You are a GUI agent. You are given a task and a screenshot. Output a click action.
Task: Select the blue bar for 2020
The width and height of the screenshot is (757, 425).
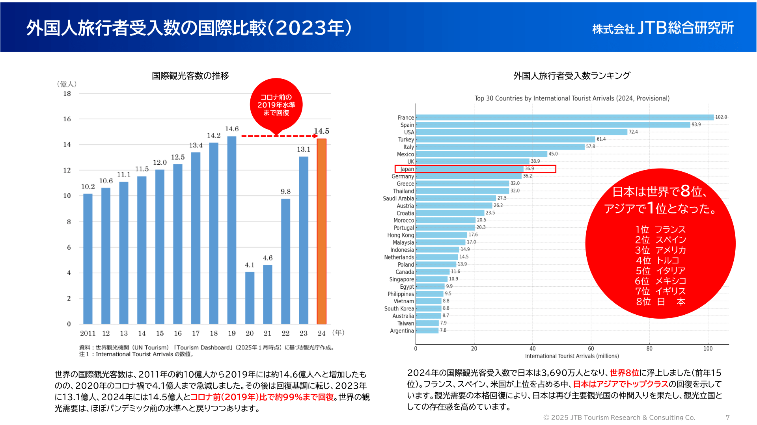[250, 298]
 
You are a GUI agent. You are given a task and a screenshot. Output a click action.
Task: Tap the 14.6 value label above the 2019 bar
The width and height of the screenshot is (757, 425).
[232, 129]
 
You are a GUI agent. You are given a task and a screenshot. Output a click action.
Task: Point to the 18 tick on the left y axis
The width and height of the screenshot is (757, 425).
[67, 94]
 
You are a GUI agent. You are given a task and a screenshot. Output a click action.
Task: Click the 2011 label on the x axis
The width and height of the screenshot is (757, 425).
[88, 333]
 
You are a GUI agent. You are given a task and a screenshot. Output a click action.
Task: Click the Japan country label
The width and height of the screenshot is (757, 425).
[407, 169]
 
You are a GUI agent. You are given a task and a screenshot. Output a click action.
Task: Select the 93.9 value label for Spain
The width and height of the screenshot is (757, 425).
[696, 124]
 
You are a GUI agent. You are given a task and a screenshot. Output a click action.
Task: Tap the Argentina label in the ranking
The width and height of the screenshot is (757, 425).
[402, 331]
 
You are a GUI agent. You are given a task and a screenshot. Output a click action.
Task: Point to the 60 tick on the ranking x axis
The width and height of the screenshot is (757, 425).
[591, 349]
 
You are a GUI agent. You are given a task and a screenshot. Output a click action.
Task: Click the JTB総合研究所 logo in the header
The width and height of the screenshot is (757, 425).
[663, 28]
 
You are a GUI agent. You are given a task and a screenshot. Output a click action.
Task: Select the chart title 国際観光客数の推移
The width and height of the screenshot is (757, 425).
[190, 76]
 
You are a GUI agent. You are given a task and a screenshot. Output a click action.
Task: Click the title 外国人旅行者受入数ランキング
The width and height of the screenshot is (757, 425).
[572, 76]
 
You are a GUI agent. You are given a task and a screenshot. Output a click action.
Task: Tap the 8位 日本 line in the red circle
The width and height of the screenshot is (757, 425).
[660, 302]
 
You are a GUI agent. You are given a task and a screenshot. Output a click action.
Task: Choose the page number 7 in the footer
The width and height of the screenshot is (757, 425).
[727, 417]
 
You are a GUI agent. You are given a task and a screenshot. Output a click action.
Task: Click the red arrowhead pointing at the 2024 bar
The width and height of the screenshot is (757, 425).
[315, 136]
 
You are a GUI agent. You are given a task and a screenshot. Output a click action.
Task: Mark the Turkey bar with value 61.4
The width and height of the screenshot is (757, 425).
[505, 139]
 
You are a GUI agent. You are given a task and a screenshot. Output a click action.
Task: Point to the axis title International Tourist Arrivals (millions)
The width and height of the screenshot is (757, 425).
[572, 356]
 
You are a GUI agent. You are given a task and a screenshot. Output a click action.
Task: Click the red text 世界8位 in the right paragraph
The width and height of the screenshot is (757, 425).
[624, 373]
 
